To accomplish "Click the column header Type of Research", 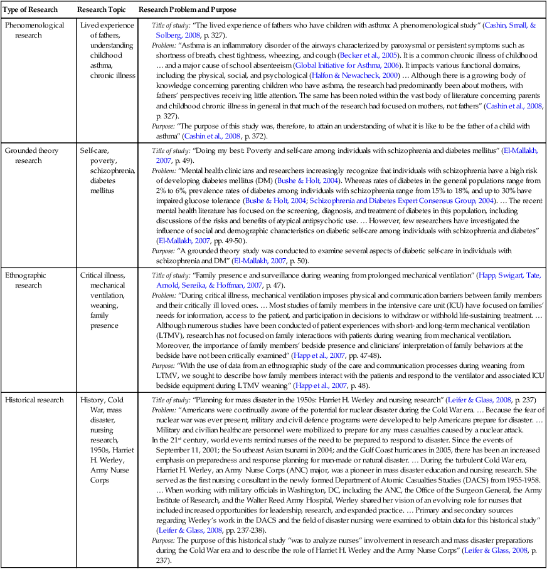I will [31, 10].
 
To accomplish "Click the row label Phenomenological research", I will [31, 29].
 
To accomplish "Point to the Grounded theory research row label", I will [29, 157].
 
